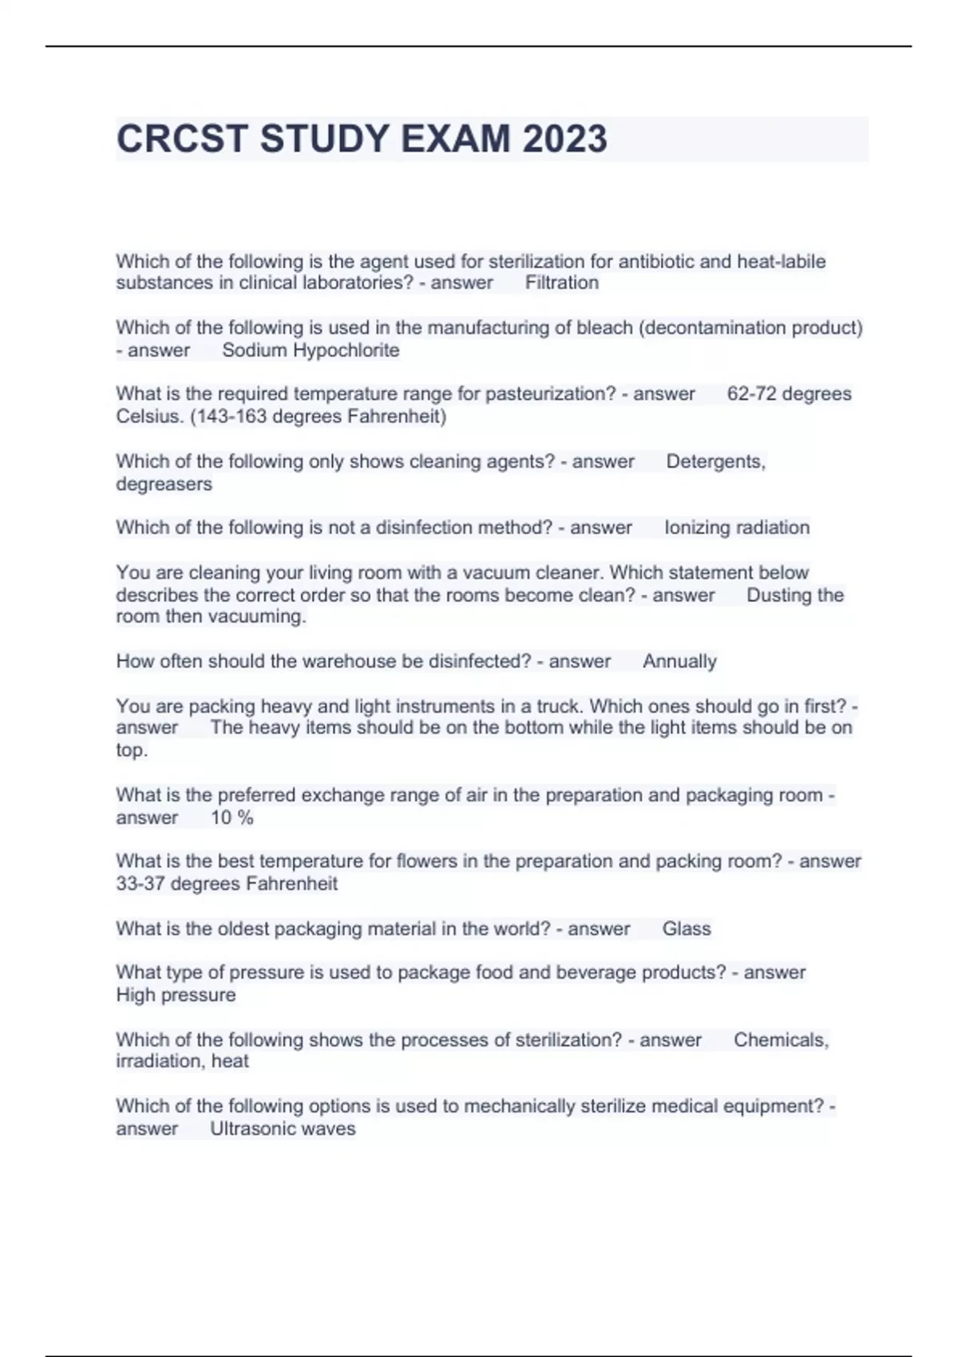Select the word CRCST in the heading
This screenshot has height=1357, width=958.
(182, 139)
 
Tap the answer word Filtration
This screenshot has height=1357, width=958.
(561, 283)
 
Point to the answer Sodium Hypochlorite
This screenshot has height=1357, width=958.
(311, 350)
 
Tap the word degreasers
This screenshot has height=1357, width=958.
(164, 484)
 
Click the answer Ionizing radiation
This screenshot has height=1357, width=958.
(737, 528)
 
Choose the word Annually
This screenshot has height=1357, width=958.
(679, 662)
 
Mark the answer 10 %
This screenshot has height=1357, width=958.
(232, 817)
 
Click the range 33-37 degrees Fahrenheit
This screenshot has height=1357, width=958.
(227, 884)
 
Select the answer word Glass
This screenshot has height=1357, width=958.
(686, 928)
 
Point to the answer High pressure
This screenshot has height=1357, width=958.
(176, 995)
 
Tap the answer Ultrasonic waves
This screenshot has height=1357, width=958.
(283, 1129)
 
